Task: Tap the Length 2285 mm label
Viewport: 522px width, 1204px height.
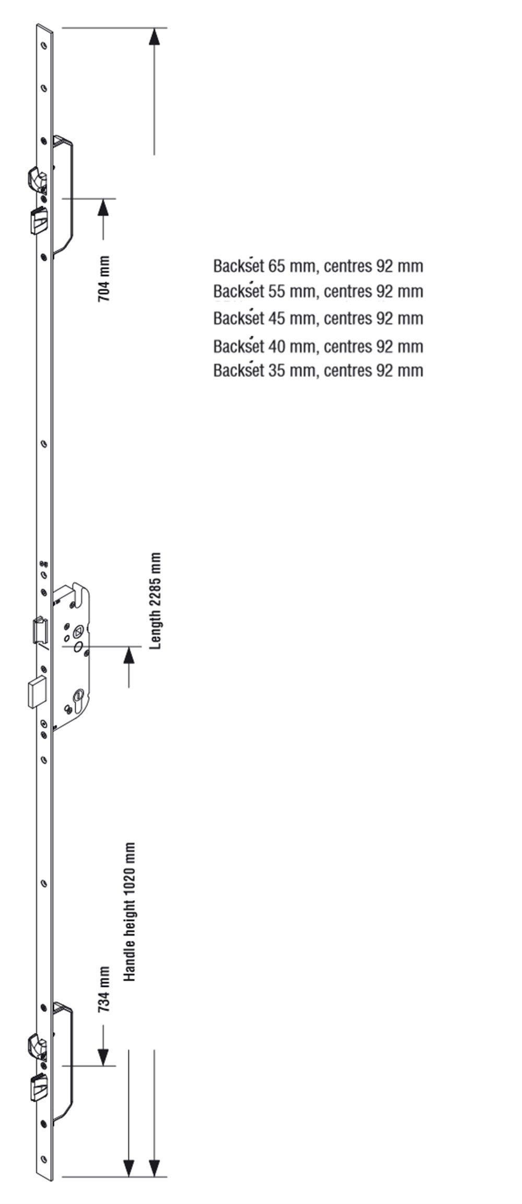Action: point(155,601)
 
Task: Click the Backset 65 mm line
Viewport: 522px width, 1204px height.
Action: point(318,266)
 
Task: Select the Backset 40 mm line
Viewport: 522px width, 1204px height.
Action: point(318,346)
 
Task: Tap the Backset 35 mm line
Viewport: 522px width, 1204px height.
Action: point(318,370)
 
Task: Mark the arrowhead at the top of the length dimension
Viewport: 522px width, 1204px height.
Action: point(154,38)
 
